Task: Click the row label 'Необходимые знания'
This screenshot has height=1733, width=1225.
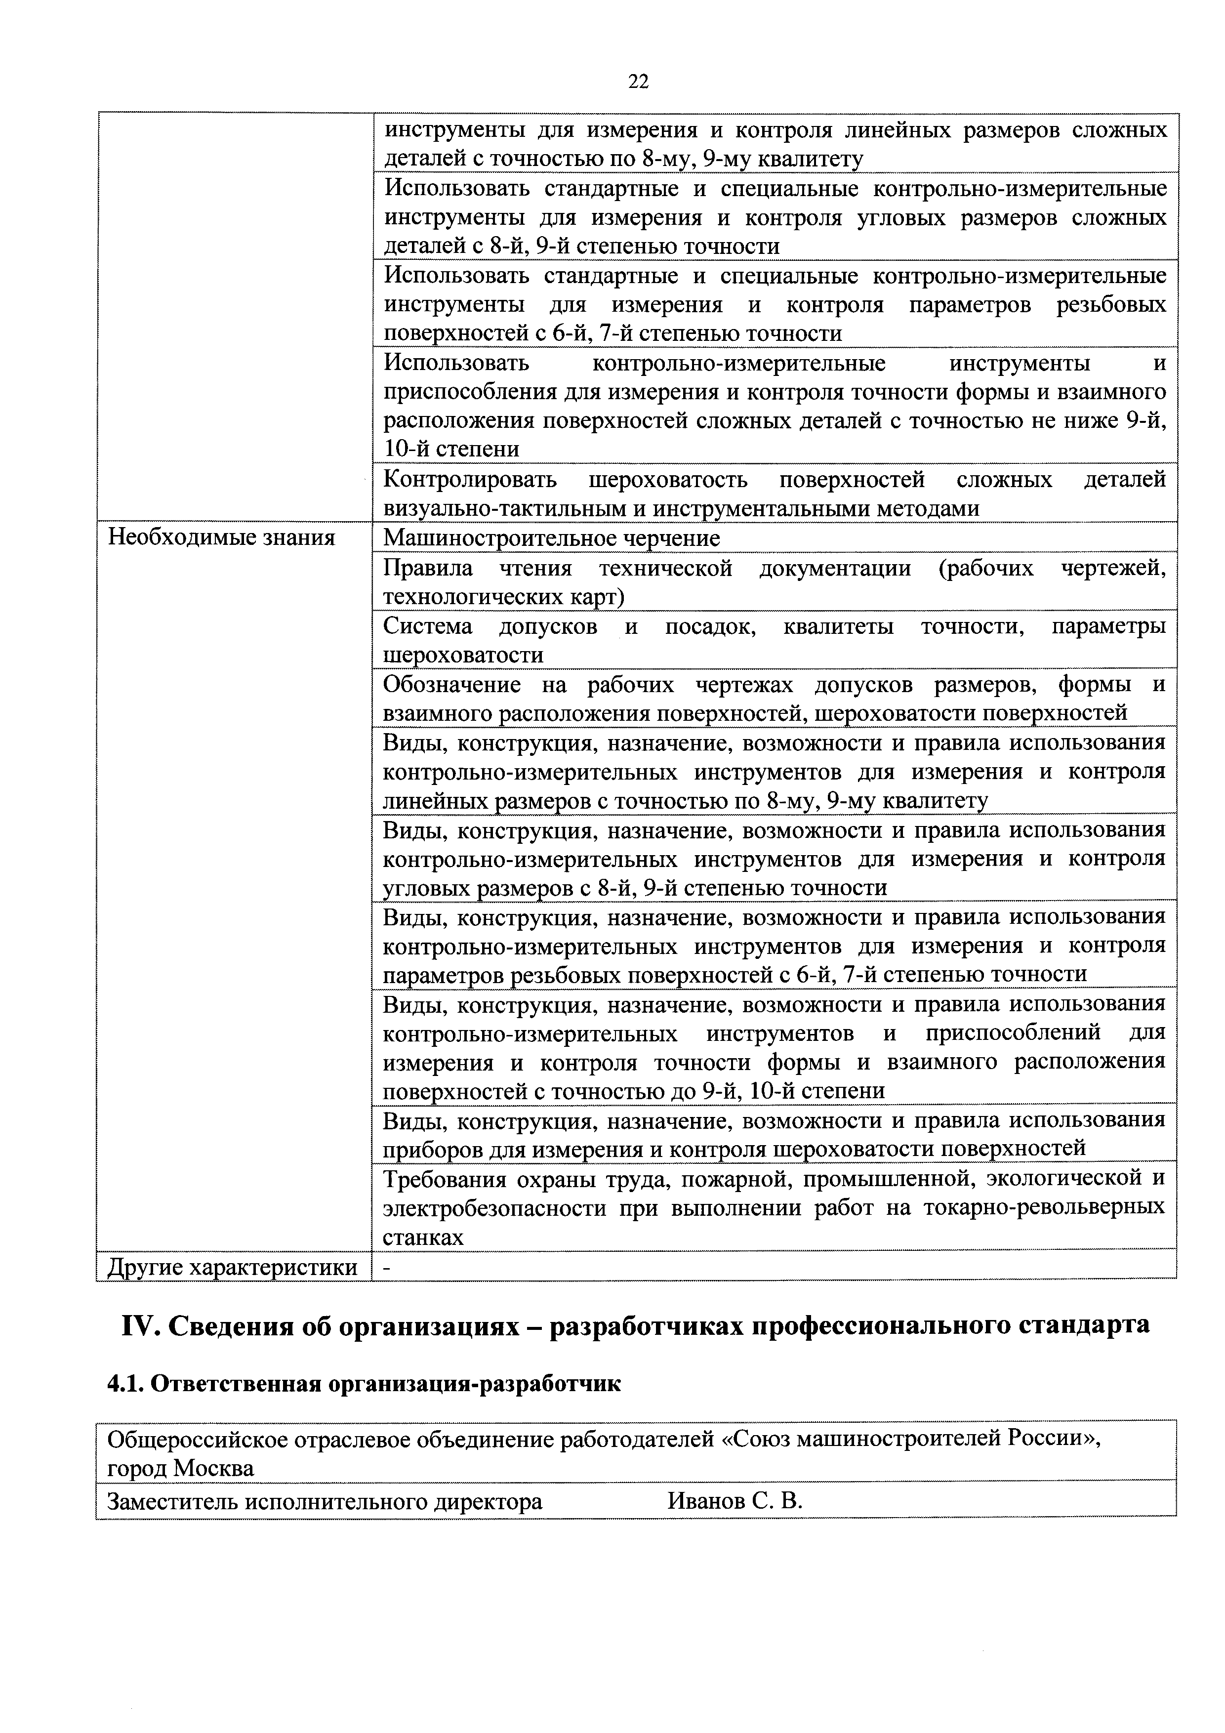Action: point(221,537)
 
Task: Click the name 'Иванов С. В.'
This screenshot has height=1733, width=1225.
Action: point(735,1501)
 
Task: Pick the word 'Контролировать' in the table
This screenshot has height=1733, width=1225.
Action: point(470,479)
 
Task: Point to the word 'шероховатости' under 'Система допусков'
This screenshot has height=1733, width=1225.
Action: point(463,655)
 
